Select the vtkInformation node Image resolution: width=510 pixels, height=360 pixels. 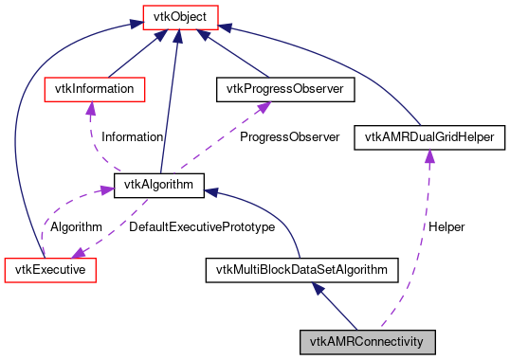point(95,89)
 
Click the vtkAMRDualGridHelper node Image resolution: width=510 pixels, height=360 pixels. point(428,137)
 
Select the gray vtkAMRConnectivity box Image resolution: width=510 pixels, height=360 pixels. point(368,340)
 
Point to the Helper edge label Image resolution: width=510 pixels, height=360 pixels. point(446,227)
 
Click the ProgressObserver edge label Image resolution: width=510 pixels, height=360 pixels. point(289,136)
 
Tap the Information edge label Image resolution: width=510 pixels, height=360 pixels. point(132,136)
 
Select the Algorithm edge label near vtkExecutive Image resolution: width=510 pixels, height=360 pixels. point(76,227)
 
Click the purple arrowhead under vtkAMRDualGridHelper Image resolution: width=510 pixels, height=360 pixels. point(428,156)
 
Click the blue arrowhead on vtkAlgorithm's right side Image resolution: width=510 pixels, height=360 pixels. point(212,189)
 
